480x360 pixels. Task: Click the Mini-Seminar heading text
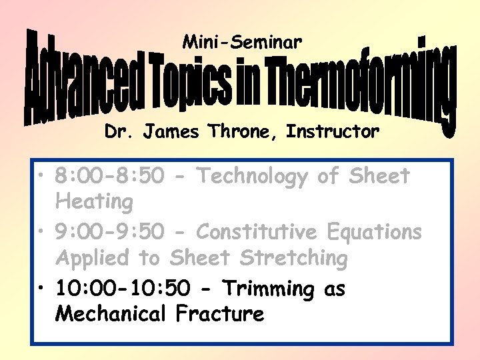242,43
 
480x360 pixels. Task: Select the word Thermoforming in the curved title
354,83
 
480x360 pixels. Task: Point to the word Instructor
333,132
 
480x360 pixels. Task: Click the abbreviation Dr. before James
118,132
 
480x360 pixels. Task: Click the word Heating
94,201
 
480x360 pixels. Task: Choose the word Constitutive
260,233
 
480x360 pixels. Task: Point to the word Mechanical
113,313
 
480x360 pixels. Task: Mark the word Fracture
220,313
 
